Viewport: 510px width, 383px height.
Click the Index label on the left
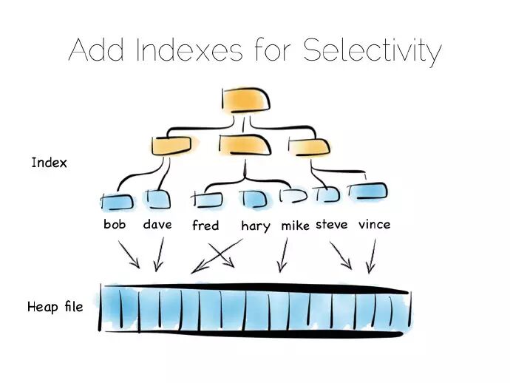[x=49, y=162]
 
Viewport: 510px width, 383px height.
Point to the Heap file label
[x=55, y=305]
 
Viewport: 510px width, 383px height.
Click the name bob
[x=115, y=224]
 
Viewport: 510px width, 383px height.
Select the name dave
[x=157, y=224]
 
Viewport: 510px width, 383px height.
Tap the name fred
[x=205, y=226]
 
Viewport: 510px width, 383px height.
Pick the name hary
[x=255, y=226]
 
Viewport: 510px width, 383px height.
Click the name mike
[x=295, y=226]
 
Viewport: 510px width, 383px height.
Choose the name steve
[x=331, y=224]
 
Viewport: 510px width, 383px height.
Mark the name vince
[x=373, y=224]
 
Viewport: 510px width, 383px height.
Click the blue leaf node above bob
[x=117, y=200]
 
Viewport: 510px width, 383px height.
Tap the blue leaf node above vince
[x=369, y=191]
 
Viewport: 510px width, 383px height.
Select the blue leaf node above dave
[x=157, y=200]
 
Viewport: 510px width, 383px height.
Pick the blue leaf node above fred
[x=207, y=199]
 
